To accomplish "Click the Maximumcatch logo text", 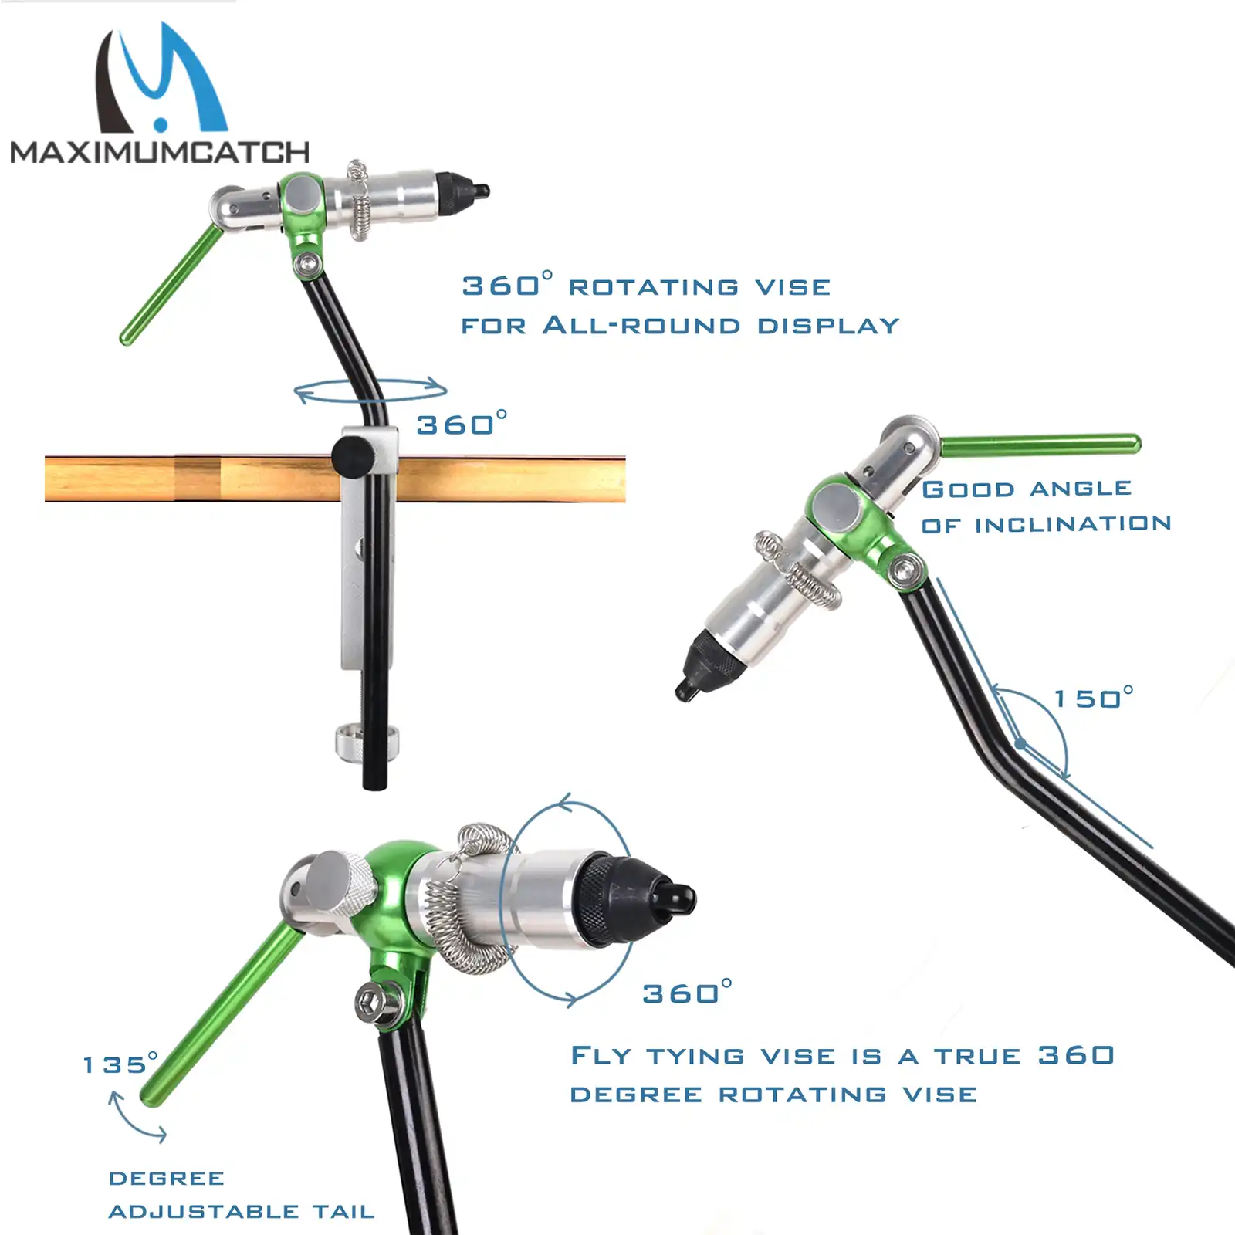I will [x=160, y=152].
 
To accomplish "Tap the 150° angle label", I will [x=1093, y=698].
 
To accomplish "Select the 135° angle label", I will [x=120, y=1064].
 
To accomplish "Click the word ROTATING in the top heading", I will [x=654, y=288].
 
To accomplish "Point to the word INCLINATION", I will [x=1073, y=525].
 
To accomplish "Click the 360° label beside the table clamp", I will [x=461, y=424].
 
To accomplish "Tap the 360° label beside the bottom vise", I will [x=686, y=993].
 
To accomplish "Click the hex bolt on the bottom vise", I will [x=374, y=1003].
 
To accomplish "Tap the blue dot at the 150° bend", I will [x=1021, y=743].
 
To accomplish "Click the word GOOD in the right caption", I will [x=968, y=489].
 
